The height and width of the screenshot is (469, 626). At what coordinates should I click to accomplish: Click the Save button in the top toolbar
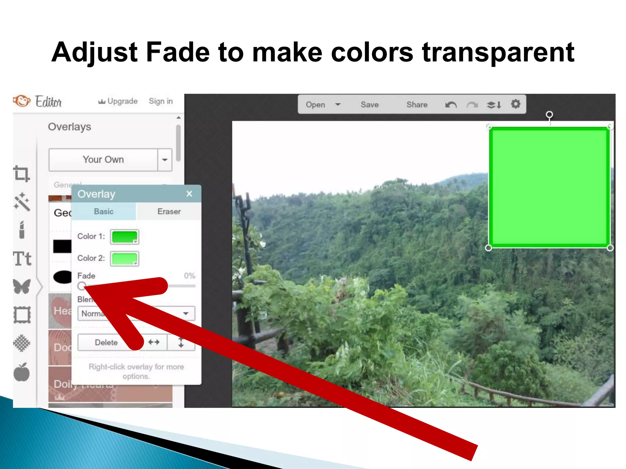click(370, 105)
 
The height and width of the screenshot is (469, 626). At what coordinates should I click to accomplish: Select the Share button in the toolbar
click(417, 105)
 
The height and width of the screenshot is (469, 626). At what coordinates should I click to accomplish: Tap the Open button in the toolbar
click(316, 105)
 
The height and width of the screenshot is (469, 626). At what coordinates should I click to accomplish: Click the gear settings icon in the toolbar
click(515, 104)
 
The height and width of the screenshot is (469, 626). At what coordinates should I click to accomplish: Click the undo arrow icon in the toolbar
click(451, 105)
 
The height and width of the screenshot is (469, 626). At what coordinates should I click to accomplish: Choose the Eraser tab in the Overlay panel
click(169, 211)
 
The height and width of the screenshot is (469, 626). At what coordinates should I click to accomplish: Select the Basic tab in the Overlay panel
click(104, 211)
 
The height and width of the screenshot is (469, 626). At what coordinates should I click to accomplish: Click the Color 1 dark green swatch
click(124, 237)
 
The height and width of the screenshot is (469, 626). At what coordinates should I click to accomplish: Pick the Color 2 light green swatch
click(124, 259)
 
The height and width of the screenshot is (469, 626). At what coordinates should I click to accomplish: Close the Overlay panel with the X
click(189, 194)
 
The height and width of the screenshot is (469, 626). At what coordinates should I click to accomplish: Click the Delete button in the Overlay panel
click(106, 342)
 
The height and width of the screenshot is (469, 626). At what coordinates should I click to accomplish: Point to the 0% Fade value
click(190, 276)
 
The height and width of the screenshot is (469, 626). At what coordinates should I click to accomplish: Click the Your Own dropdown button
click(103, 160)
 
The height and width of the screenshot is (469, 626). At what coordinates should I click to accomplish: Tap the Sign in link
click(161, 101)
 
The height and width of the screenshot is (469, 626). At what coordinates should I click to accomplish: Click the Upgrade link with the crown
click(118, 101)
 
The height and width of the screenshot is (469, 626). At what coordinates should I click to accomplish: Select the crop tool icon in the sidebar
click(21, 173)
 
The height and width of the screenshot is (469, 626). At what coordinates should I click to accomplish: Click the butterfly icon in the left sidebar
click(22, 286)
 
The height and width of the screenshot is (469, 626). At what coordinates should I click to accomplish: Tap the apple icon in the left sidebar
click(22, 372)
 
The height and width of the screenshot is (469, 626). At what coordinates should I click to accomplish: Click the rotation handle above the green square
click(549, 115)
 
